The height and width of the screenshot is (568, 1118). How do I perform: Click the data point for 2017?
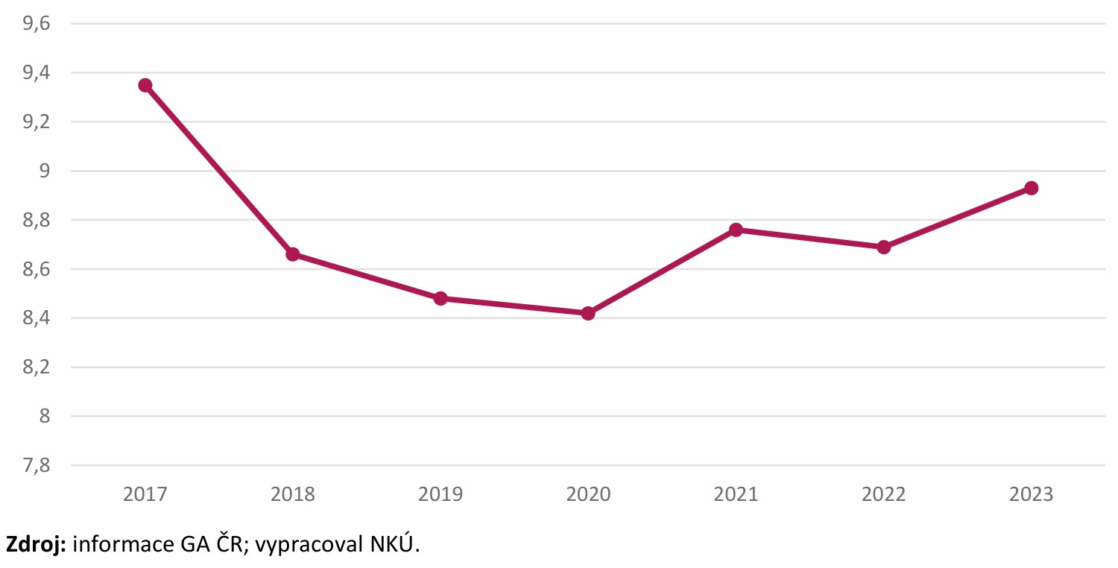[x=145, y=86]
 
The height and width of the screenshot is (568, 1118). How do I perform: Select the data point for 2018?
[x=293, y=254]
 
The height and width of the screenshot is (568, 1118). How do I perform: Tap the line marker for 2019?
[x=440, y=298]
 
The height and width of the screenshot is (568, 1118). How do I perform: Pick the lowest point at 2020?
[x=588, y=313]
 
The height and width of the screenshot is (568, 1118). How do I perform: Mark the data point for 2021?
[x=736, y=230]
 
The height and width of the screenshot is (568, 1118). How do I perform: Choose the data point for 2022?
[x=883, y=247]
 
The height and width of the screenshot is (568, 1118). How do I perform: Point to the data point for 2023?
[x=1031, y=188]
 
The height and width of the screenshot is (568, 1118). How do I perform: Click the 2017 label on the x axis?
[x=145, y=495]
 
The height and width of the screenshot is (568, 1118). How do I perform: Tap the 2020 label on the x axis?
[x=588, y=495]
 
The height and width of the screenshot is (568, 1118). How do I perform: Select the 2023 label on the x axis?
[x=1031, y=495]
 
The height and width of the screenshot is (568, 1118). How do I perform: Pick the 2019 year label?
[x=440, y=495]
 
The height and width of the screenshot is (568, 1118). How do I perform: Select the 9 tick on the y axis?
[x=44, y=171]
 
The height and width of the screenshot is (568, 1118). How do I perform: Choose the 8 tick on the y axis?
[x=44, y=417]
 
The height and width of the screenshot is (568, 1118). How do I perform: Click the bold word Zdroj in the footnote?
[x=36, y=545]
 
